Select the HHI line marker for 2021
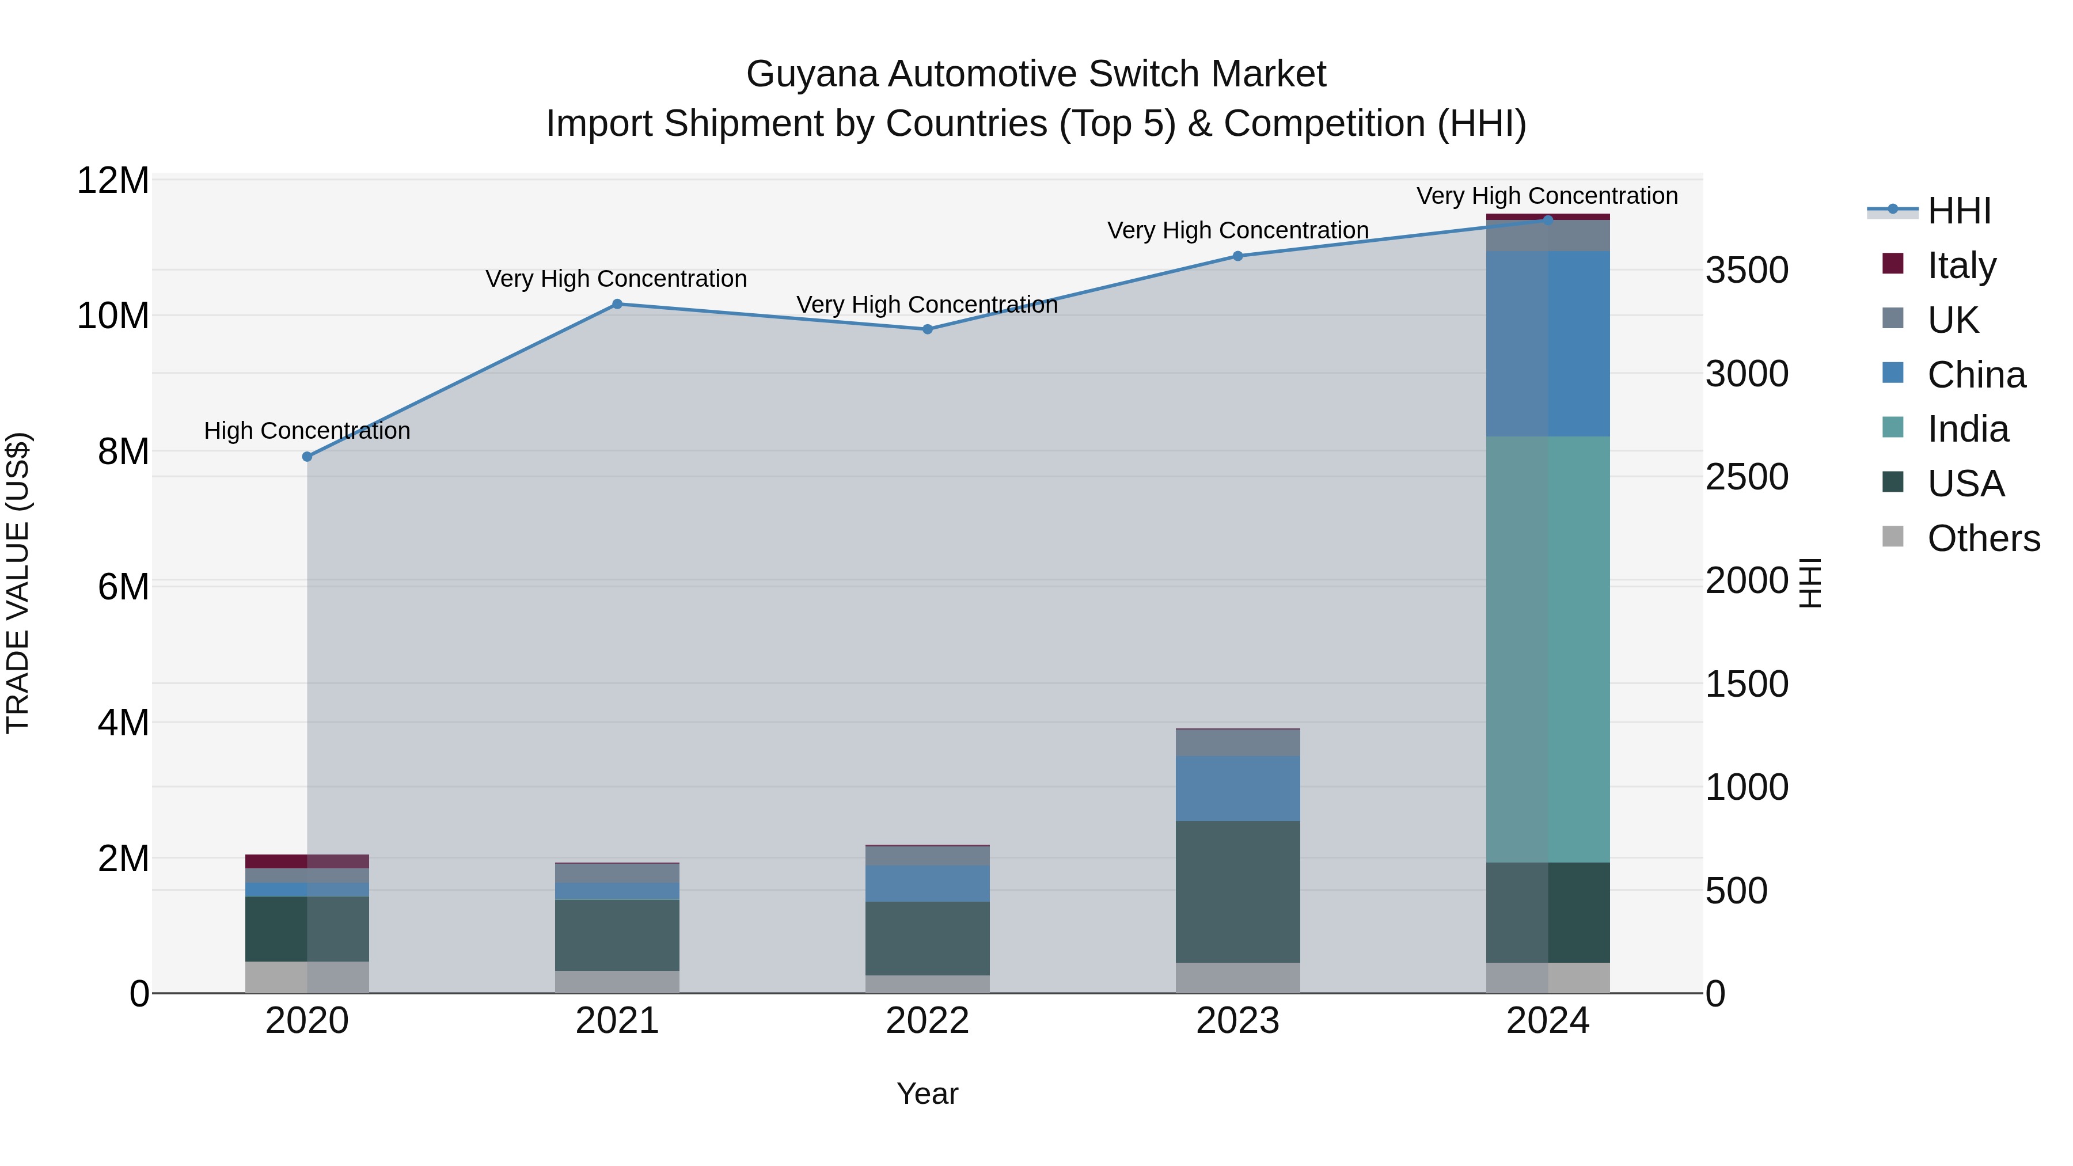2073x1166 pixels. tap(617, 304)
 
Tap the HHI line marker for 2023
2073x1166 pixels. tap(1237, 256)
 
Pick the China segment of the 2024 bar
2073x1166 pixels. tap(1547, 344)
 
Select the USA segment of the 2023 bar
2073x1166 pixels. tap(1237, 891)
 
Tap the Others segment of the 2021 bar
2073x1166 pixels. tap(617, 982)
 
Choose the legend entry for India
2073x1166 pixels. tap(1967, 429)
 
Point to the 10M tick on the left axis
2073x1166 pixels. tap(113, 316)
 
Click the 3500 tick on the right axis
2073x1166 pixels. tap(1747, 271)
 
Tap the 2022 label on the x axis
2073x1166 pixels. tap(927, 1021)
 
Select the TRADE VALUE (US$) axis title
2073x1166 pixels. tap(18, 583)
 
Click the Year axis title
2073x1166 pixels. tap(927, 1093)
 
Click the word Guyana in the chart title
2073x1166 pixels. tap(812, 74)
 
